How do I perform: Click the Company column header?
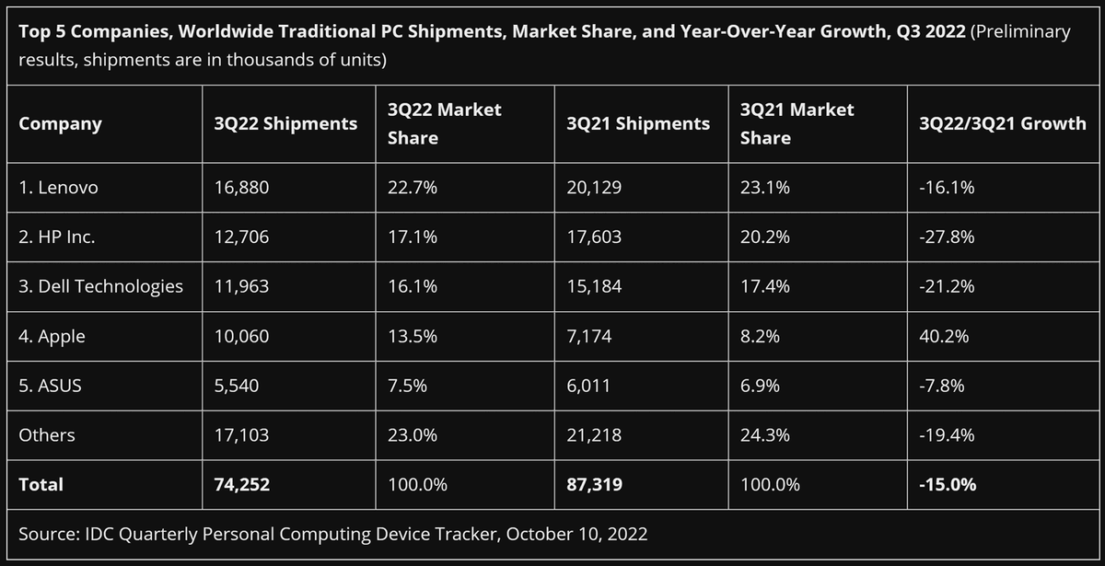tap(60, 123)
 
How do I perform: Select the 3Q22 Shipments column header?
tap(285, 123)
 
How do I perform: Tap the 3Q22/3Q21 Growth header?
tap(1002, 123)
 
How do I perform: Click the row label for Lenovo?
tap(58, 187)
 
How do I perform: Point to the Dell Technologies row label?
tap(100, 285)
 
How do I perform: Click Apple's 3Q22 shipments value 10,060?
tap(241, 336)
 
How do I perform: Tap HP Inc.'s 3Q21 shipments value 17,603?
tap(596, 237)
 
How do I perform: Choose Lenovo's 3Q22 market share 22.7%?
tap(407, 187)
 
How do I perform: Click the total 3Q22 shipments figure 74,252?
tap(241, 484)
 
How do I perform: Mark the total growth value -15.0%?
tap(948, 484)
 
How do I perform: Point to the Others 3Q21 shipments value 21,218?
tap(595, 434)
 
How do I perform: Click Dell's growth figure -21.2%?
tap(947, 285)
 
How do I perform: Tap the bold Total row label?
tap(41, 484)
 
